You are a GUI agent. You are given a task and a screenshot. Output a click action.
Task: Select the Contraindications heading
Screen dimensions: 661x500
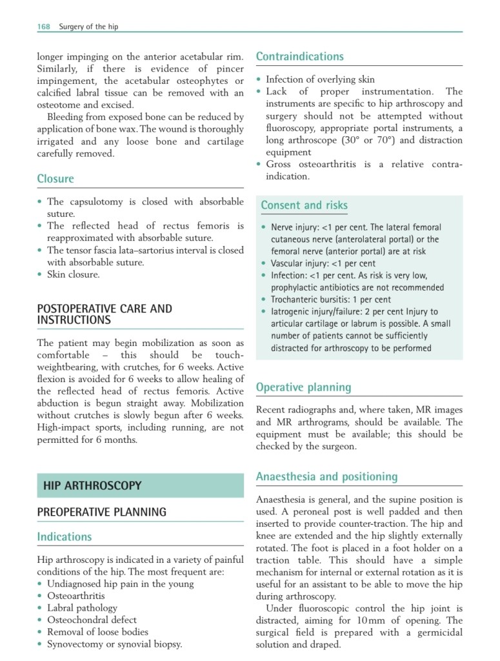[x=300, y=57]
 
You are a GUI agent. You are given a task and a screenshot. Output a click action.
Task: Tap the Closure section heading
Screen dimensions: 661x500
[x=55, y=179]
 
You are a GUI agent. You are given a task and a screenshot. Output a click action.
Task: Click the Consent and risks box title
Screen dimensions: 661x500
[x=304, y=205]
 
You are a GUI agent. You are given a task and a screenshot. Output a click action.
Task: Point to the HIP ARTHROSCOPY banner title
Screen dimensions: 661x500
[x=92, y=485]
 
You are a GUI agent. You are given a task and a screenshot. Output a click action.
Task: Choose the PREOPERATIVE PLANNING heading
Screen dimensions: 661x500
[x=101, y=512]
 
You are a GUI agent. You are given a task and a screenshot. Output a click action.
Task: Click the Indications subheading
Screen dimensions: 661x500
[x=65, y=536]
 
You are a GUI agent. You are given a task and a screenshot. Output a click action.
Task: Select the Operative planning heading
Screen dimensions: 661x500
[x=303, y=387]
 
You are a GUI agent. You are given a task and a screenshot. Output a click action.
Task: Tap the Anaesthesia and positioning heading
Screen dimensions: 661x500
[x=327, y=477]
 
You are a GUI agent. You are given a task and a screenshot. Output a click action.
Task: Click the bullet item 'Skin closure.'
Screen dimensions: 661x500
[x=73, y=274]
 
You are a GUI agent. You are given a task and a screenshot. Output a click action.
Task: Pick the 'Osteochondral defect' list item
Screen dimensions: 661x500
[x=92, y=620]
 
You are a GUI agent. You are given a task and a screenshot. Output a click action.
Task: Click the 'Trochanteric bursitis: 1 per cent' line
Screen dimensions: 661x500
[x=330, y=300]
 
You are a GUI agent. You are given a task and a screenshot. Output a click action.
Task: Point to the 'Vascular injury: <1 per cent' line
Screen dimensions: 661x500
[x=323, y=263]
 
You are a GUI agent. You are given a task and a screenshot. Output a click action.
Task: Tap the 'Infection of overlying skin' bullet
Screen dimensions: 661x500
[x=320, y=79]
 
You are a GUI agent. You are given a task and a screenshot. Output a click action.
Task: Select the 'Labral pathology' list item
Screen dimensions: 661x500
[x=82, y=607]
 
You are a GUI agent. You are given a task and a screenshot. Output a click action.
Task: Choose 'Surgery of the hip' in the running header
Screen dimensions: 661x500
[x=88, y=26]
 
